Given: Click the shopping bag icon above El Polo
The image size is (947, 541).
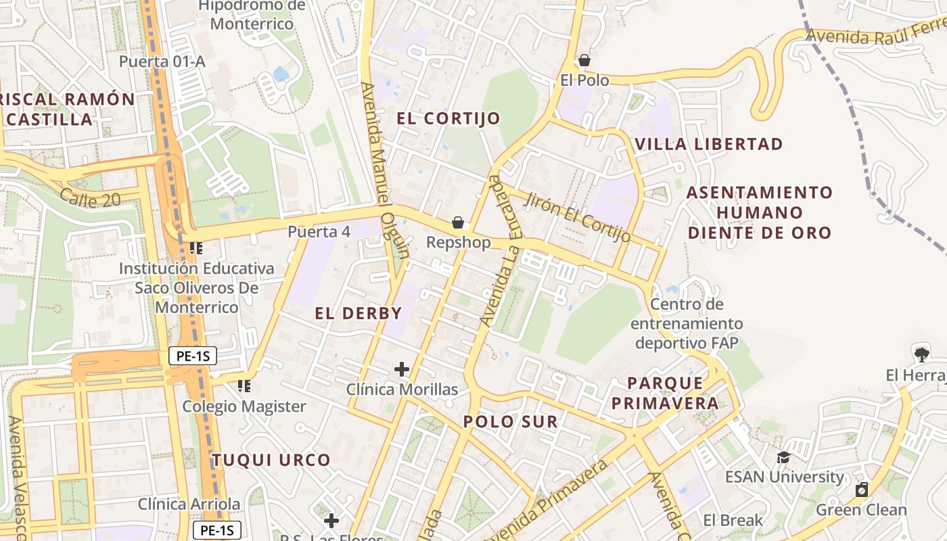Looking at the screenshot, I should click(x=584, y=61).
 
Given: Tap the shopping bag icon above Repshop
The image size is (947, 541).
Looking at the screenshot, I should click(x=458, y=222).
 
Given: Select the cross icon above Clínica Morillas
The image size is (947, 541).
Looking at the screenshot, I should click(x=402, y=369).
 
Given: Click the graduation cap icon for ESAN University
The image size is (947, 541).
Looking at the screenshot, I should click(x=783, y=458).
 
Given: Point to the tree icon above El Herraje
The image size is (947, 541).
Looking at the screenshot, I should click(x=921, y=354).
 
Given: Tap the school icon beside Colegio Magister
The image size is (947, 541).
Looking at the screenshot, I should click(x=244, y=386).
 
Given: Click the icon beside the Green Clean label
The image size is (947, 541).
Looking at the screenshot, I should click(x=862, y=490).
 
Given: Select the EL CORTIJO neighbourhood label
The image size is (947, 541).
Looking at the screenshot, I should click(x=448, y=118).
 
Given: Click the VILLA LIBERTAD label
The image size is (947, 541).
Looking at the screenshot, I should click(x=709, y=144).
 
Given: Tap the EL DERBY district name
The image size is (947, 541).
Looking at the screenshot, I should click(x=359, y=313).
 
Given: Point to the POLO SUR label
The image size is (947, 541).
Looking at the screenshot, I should click(x=511, y=422).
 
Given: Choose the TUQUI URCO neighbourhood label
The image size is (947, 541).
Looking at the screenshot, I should click(x=272, y=461).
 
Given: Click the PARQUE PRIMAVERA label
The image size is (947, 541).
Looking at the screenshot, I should click(x=673, y=394).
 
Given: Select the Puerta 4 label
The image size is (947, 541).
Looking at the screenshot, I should click(x=319, y=232).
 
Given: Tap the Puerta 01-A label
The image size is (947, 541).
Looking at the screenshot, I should click(x=162, y=62).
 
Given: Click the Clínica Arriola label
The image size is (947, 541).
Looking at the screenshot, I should click(x=189, y=504).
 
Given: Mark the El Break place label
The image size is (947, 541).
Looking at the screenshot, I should click(x=733, y=521).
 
